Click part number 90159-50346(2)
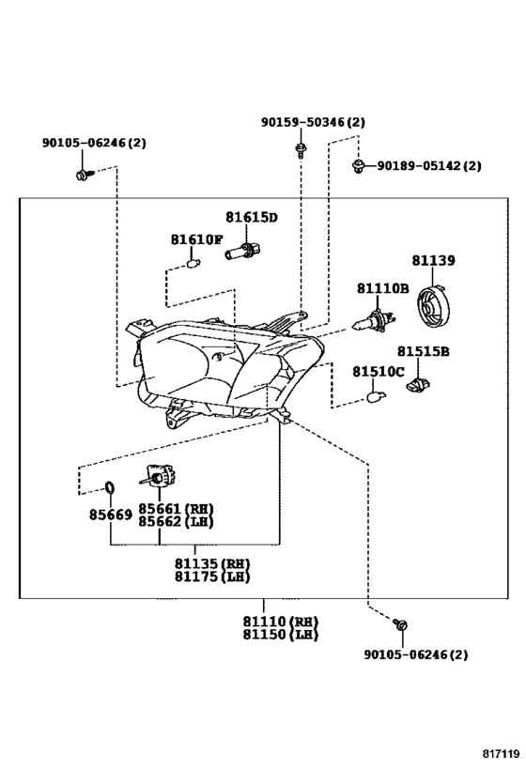point(313,122)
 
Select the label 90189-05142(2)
point(429,166)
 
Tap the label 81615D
point(252,217)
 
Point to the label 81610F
point(196,239)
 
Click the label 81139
point(433,260)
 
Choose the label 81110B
point(382,288)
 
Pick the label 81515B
point(423,352)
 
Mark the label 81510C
point(379,372)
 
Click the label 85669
point(111,515)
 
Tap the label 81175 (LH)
point(212,577)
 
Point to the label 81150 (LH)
point(281,635)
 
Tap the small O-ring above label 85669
point(110,488)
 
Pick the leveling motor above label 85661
point(159,477)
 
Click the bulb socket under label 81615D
point(243,251)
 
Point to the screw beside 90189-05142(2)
point(359,166)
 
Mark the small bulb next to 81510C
point(377,394)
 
